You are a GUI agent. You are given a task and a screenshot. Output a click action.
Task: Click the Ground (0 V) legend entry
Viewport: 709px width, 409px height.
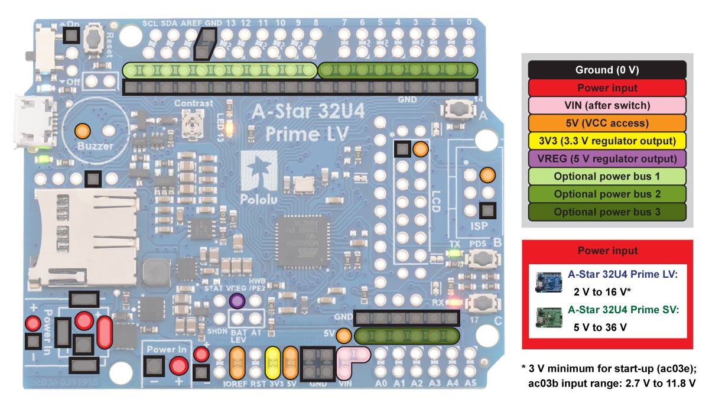(607, 70)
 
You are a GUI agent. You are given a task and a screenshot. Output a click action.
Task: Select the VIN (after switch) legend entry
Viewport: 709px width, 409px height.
(607, 105)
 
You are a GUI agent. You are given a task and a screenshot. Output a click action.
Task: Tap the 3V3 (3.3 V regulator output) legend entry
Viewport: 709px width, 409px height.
(607, 141)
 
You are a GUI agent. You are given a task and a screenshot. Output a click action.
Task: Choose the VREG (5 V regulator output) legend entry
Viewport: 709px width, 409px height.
(607, 158)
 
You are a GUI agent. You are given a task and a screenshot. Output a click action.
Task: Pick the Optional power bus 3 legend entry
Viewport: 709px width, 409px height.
(607, 212)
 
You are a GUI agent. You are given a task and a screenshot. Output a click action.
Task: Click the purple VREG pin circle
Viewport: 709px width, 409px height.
(238, 301)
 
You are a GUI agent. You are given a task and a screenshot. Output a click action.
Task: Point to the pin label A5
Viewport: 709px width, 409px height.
(470, 383)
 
